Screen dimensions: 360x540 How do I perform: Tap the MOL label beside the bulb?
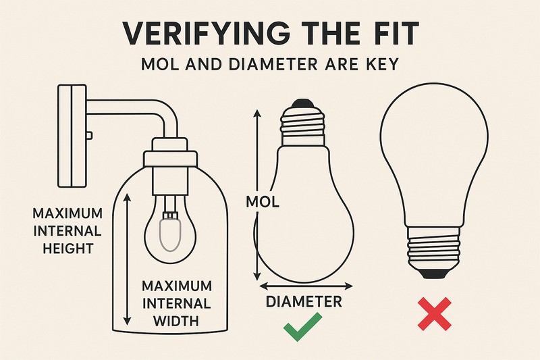263,201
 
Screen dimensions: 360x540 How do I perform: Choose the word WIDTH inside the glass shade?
175,320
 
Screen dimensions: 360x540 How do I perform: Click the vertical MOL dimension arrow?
256,196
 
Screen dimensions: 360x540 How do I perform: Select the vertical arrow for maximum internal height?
126,257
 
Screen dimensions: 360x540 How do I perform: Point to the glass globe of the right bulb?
434,155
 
